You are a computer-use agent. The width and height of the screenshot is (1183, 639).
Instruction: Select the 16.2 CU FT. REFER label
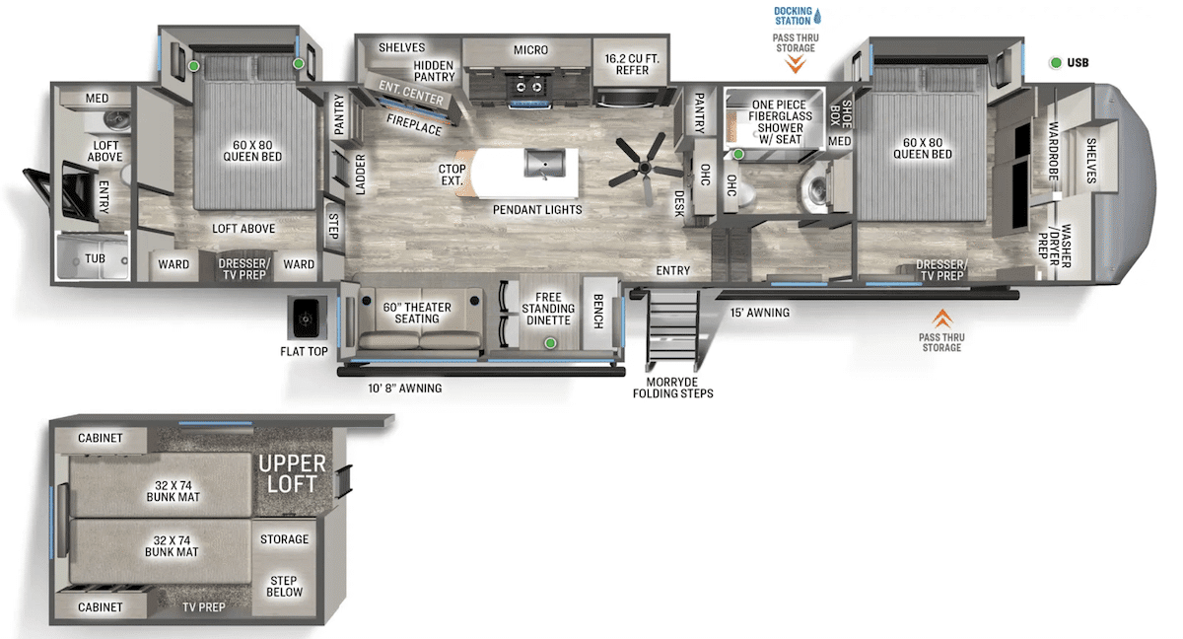[x=632, y=63]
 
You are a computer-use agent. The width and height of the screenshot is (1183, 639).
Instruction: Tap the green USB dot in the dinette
[x=551, y=343]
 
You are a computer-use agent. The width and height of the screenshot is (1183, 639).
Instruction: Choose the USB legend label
[x=1078, y=63]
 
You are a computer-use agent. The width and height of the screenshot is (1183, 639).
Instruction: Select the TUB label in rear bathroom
[x=95, y=258]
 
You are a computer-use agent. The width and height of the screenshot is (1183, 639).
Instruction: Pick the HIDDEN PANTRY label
[x=434, y=71]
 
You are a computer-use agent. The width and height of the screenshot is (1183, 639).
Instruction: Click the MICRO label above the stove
[x=530, y=50]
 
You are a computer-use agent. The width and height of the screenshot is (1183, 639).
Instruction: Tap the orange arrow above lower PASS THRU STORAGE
[x=942, y=318]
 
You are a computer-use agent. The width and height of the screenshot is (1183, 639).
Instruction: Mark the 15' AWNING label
[x=759, y=313]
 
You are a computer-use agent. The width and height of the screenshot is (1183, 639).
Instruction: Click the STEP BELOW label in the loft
[x=284, y=586]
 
